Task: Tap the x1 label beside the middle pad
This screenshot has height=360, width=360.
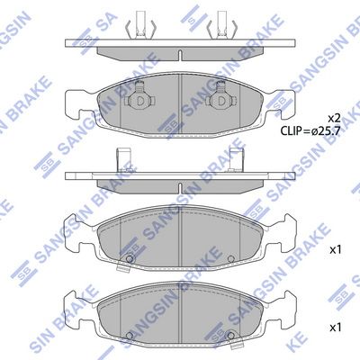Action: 335,249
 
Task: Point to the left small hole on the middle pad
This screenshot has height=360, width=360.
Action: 129,262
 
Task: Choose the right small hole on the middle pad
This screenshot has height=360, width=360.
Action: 232,262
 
